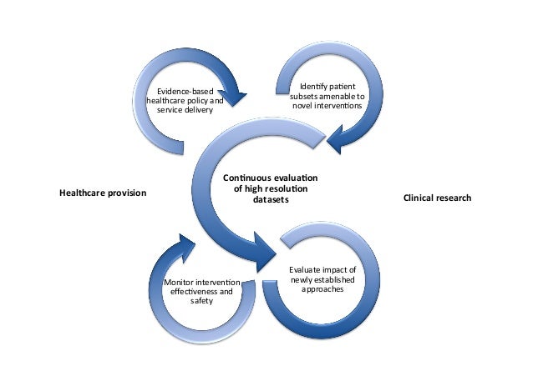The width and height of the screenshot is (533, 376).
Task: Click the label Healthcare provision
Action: point(102,193)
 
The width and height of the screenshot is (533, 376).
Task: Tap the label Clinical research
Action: point(437,198)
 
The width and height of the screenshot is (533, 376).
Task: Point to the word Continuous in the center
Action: point(247,178)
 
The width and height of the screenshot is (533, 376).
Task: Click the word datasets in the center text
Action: point(271,200)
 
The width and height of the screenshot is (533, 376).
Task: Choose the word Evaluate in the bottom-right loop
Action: point(308,270)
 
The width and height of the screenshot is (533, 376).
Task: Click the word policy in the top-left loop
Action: point(195,101)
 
